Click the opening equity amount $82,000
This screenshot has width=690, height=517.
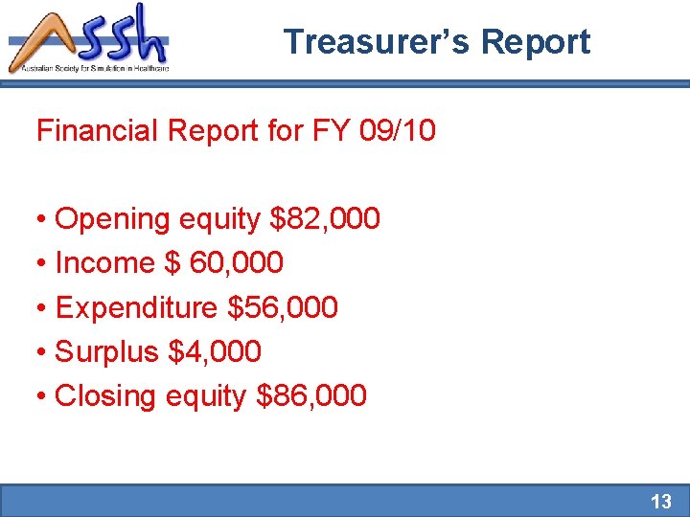(326, 219)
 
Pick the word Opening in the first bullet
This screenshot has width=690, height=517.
(115, 219)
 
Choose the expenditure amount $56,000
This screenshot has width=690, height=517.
(283, 307)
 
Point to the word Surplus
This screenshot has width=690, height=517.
(106, 351)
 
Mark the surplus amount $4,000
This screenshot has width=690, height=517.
(214, 351)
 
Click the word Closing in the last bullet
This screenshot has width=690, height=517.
(106, 395)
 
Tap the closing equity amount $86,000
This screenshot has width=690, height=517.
(312, 395)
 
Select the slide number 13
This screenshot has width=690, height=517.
(661, 501)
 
